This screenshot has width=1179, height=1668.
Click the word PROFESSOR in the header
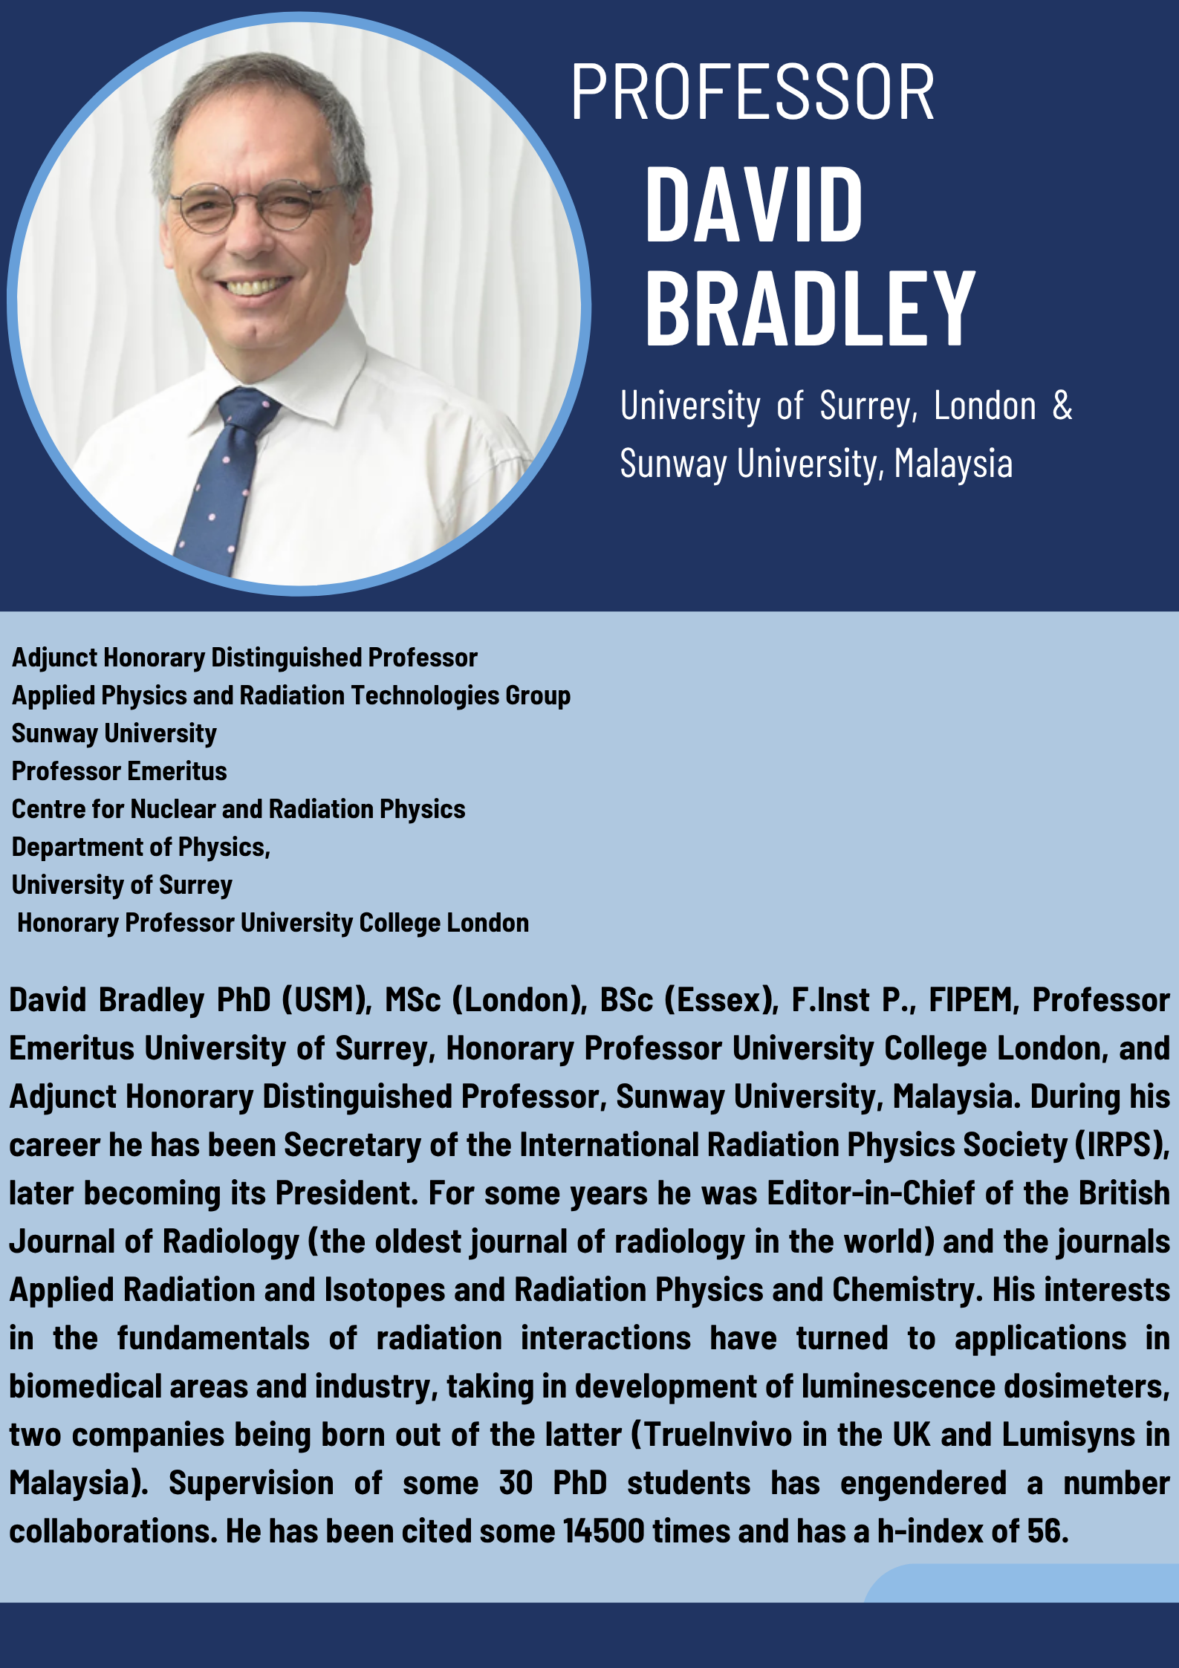click(x=753, y=92)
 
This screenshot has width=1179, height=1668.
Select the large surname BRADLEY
click(x=810, y=308)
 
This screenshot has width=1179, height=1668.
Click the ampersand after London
click(x=1062, y=406)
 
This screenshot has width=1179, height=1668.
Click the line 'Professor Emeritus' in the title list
click(x=120, y=771)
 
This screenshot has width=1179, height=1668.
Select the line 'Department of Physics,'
click(x=141, y=847)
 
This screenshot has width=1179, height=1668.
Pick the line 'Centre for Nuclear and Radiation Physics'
click(x=238, y=809)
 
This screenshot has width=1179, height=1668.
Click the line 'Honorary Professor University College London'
click(x=273, y=923)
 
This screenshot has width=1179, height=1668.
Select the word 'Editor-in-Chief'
click(x=871, y=1193)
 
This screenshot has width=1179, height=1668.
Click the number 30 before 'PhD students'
click(x=516, y=1483)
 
